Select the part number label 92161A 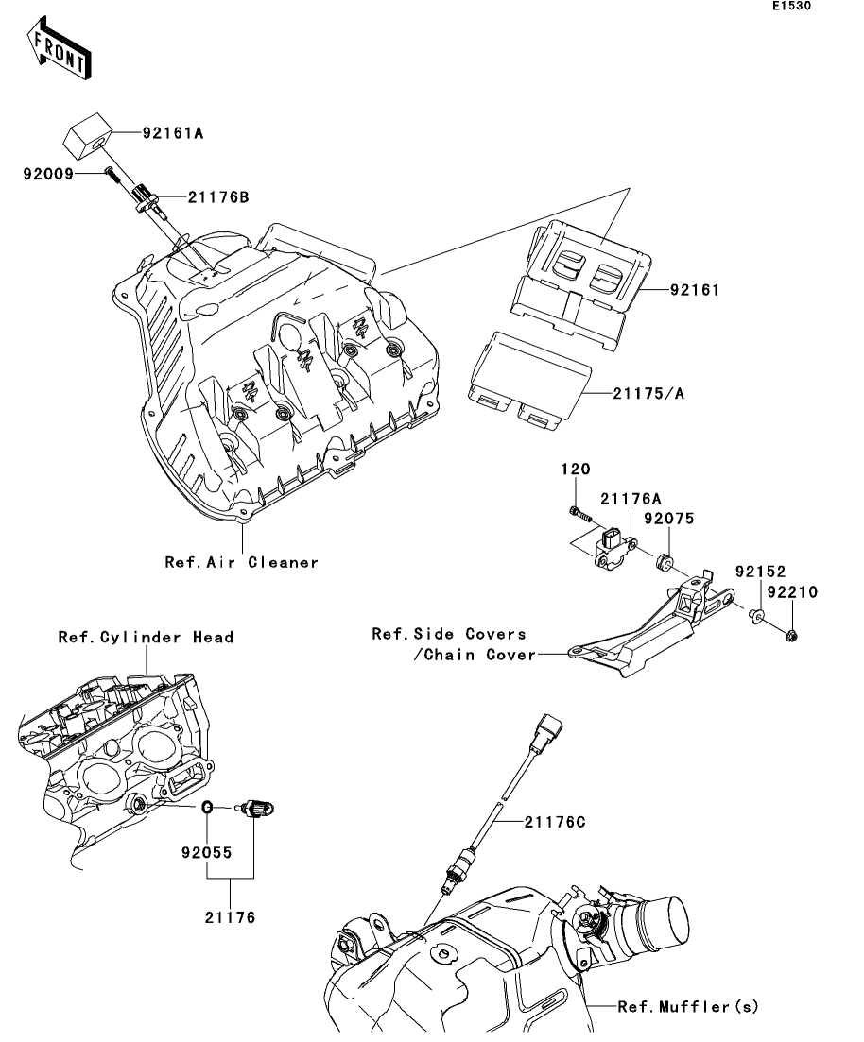coord(173,134)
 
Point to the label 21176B coord(218,197)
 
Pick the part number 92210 coord(792,593)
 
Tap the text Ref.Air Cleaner coord(242,562)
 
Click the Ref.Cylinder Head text coord(146,638)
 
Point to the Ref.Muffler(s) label coord(688,1007)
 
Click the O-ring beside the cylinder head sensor coord(208,808)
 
